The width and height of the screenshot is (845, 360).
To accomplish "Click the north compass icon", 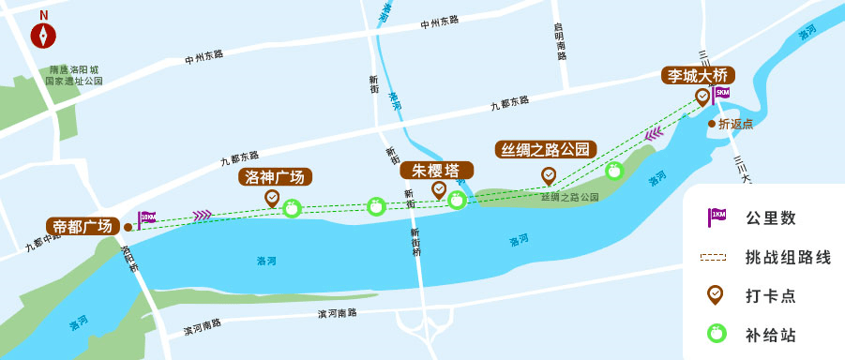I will [44, 35].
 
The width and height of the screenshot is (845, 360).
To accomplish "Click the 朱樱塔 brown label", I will [436, 171].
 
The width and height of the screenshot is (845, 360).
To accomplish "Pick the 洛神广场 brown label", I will [276, 177].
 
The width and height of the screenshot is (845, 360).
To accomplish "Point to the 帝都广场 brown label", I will [83, 226].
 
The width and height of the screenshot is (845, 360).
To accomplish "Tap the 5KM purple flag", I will [721, 94].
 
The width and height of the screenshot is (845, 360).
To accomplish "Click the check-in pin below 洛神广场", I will [272, 198].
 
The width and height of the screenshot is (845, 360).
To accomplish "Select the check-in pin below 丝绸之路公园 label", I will [549, 175].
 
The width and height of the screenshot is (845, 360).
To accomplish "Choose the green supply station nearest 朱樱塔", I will [457, 199].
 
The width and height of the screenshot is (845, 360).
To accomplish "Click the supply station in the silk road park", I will [614, 171].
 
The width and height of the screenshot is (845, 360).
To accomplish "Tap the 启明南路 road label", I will [561, 41].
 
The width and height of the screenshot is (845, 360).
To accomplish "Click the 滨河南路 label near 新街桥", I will [337, 313].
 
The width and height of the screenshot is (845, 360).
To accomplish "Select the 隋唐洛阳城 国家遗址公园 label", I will [74, 76].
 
